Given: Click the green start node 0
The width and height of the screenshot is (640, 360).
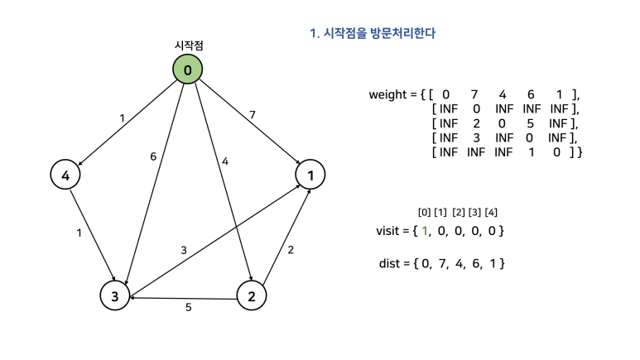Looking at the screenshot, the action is [x=188, y=70].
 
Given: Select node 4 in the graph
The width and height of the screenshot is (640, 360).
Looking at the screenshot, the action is [x=65, y=175].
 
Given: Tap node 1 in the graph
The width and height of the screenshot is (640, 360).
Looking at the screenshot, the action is [x=310, y=175].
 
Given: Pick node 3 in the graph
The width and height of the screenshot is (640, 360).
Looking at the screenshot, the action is [x=115, y=295].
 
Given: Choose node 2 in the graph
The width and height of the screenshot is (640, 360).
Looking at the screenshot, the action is [x=252, y=295].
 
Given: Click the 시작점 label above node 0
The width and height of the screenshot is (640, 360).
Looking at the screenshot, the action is [x=188, y=46].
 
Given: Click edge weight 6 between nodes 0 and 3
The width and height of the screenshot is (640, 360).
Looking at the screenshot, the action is [x=153, y=156].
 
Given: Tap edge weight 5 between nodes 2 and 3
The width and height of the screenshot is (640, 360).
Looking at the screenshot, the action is [x=188, y=308].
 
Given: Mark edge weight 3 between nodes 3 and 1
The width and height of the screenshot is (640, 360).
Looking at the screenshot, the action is [x=184, y=250].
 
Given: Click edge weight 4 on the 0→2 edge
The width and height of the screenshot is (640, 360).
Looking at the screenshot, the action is [x=224, y=161].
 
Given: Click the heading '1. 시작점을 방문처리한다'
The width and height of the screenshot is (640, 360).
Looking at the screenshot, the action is [x=373, y=34].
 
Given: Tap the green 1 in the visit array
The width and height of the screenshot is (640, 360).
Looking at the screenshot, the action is [x=425, y=230].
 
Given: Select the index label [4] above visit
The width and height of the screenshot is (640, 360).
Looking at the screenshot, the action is [x=491, y=213].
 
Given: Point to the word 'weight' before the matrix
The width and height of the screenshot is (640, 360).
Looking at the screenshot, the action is [x=387, y=94].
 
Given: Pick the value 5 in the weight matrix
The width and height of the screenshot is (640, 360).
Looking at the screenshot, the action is [x=529, y=123].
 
